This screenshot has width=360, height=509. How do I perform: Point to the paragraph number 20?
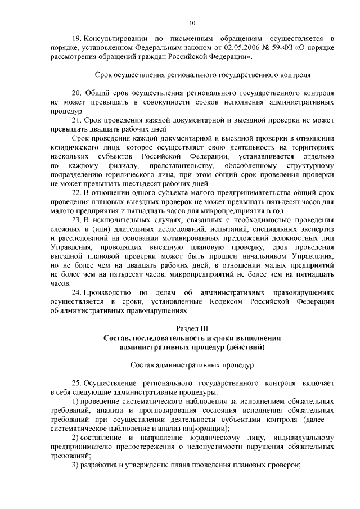tap(78, 92)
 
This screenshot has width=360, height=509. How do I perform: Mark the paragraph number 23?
tap(78, 219)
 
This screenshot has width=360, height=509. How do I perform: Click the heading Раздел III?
tap(192, 328)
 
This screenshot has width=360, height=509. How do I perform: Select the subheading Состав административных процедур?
tap(192, 364)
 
